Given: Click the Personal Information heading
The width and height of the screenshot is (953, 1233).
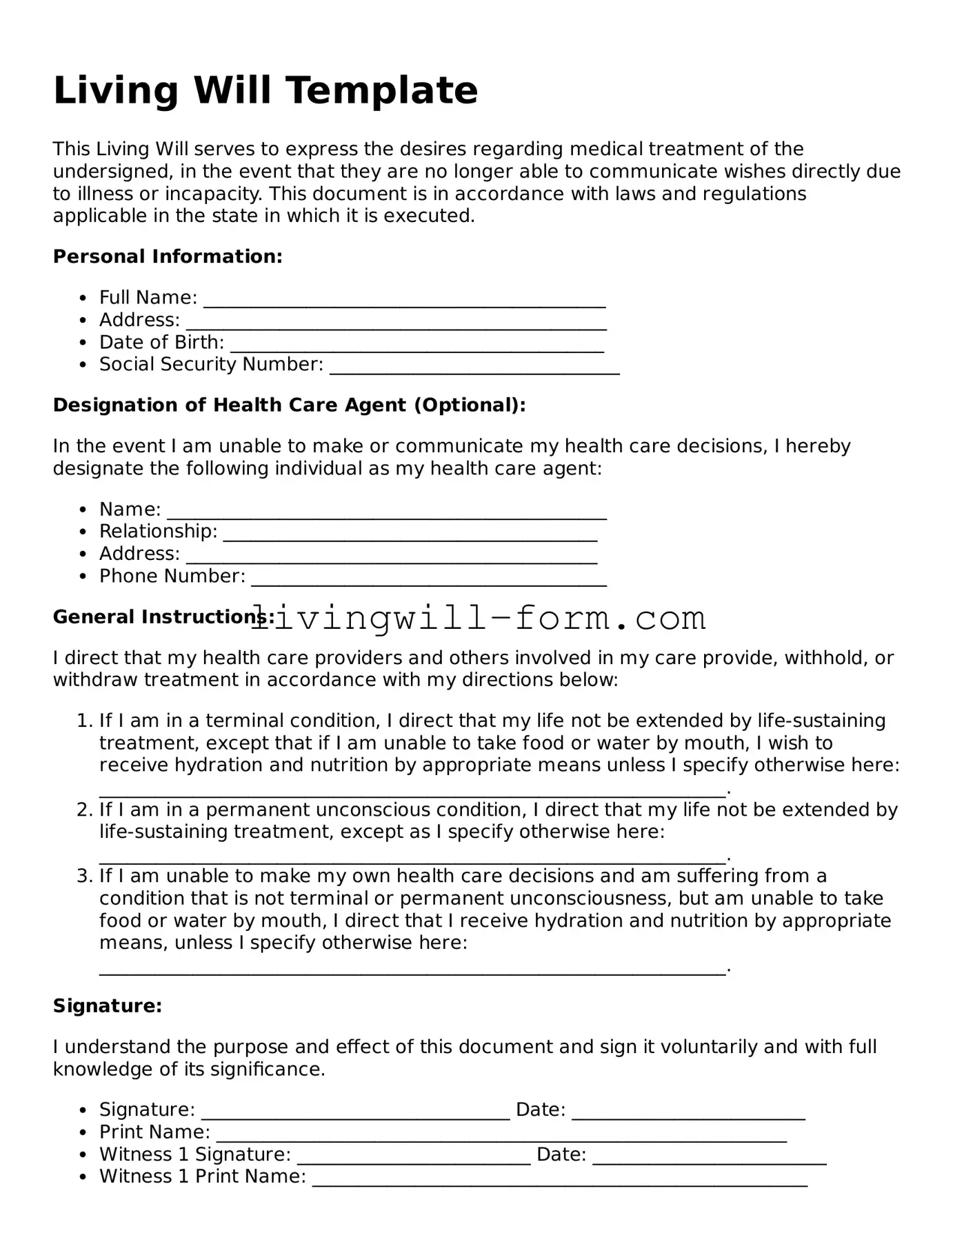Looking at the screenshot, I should point(168,257).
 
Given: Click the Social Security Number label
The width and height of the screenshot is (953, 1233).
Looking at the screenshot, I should point(211,364).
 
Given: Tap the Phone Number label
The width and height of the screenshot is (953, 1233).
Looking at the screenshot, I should point(172,576).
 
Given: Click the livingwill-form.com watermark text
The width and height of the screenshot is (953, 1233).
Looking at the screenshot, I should point(477,618).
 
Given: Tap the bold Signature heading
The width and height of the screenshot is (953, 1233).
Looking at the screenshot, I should point(108,1006).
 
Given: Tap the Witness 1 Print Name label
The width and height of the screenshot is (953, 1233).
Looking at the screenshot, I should point(203,1176).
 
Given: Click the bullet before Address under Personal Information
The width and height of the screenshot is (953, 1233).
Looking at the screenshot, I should point(83,321).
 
